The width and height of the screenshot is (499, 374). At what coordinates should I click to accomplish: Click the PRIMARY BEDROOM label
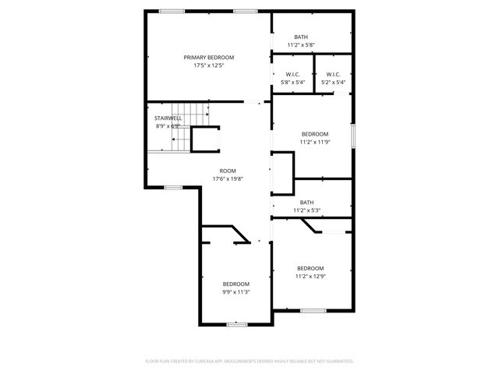209,58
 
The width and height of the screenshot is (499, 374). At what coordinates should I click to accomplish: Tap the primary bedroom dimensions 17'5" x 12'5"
209,65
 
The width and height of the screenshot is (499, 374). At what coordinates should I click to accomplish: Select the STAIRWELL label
168,118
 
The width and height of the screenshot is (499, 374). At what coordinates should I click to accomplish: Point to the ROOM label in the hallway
228,171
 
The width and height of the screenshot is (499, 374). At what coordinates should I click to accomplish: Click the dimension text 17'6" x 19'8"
228,178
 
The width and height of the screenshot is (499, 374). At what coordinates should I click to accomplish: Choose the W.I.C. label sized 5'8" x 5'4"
292,75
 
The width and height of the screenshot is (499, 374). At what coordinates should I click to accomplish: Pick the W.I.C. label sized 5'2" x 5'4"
334,75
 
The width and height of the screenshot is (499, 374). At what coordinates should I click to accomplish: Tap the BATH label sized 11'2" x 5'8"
301,37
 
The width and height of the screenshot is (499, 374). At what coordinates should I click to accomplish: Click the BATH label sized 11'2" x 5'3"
307,203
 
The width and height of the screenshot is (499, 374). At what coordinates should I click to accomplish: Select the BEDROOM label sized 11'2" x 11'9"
315,134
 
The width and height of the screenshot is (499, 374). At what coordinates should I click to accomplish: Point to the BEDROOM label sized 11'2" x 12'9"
310,268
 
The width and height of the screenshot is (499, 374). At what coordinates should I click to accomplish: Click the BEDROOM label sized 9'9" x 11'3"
235,284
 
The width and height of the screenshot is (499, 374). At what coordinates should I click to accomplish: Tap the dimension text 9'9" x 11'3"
235,292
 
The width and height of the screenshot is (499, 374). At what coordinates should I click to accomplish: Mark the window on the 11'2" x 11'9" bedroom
353,136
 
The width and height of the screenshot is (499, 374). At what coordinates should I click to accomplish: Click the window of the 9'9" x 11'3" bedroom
237,324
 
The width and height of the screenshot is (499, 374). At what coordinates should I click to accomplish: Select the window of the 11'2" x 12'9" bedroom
313,311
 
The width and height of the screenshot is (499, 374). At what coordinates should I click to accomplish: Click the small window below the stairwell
173,187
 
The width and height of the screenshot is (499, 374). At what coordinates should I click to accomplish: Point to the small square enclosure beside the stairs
205,139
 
